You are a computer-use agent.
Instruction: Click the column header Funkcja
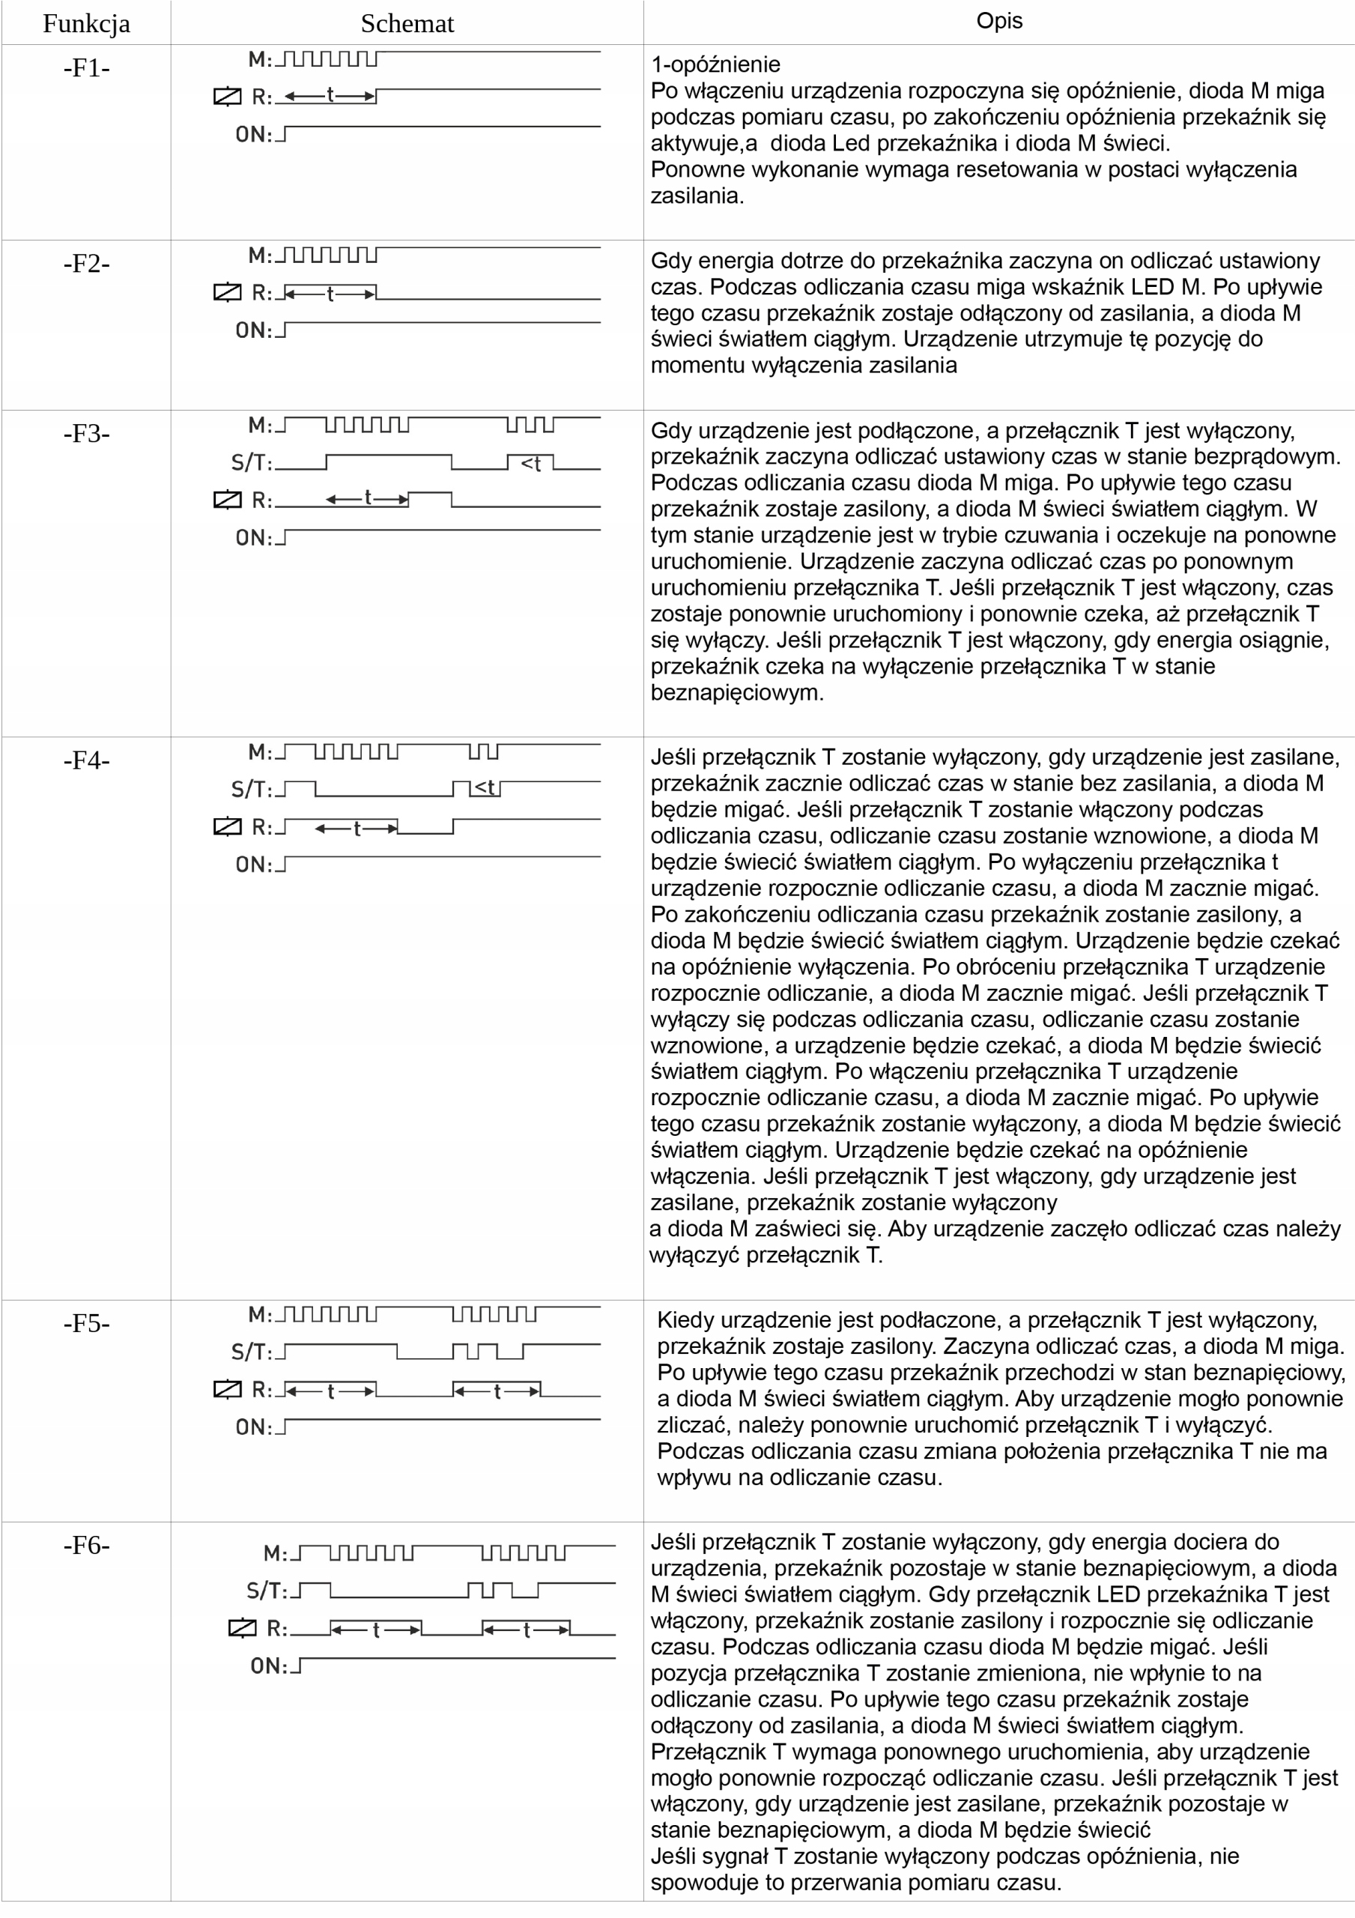coord(86,23)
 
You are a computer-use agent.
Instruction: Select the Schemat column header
coord(407,23)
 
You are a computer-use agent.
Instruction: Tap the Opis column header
coord(999,21)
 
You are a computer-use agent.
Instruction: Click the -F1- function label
coord(86,67)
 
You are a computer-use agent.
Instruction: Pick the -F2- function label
coord(86,263)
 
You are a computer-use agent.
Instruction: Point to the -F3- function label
coord(86,434)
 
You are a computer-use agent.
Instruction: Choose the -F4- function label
coord(86,760)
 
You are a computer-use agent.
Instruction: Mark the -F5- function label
coord(86,1323)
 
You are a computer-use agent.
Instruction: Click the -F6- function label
coord(86,1546)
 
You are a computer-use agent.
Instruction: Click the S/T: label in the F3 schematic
coord(252,463)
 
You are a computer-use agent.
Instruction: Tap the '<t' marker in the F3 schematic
coord(530,464)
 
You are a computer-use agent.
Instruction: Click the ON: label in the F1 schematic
coord(254,135)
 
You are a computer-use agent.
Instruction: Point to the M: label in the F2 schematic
coord(260,255)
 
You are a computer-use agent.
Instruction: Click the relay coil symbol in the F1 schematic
coord(227,97)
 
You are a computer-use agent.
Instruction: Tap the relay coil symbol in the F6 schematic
coord(242,1628)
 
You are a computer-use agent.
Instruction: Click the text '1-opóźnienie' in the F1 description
coord(715,64)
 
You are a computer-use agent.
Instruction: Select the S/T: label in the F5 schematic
coord(252,1352)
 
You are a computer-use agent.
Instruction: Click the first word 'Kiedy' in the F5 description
coord(685,1320)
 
